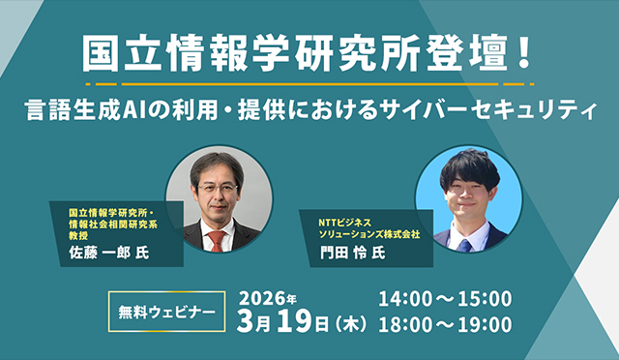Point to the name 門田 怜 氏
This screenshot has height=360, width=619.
pos(352,254)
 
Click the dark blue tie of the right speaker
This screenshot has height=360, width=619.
pos(466,243)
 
